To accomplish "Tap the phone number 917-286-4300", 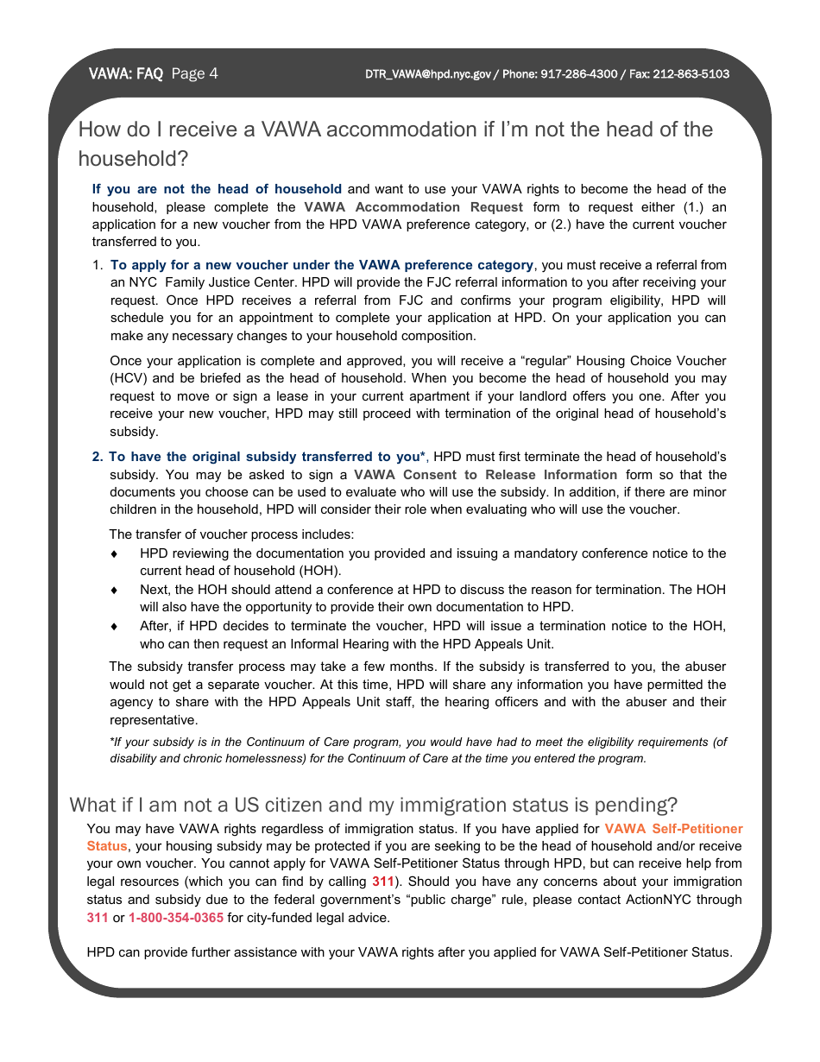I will tap(579, 74).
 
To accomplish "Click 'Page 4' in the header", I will tap(194, 73).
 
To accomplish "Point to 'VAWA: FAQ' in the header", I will tap(125, 74).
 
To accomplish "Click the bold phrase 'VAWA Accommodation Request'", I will tap(413, 207).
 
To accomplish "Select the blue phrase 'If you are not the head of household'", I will tap(217, 189).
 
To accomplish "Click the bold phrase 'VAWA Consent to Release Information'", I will tap(485, 475).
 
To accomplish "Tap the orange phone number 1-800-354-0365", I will tap(176, 918).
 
